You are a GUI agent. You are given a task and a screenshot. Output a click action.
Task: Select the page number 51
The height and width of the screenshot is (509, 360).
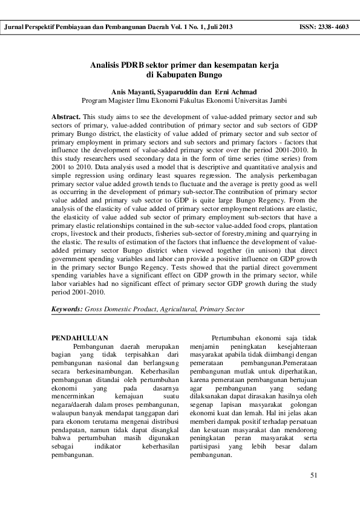tap(313, 475)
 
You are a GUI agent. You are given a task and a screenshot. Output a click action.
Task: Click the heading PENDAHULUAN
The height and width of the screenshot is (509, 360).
tap(80, 337)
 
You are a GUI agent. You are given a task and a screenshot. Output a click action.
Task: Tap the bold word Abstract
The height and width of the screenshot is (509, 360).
tap(66, 114)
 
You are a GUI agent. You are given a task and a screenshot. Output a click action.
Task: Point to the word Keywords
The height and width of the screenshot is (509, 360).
tap(67, 309)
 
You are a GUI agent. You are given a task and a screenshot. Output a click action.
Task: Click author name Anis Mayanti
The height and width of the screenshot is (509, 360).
tap(132, 91)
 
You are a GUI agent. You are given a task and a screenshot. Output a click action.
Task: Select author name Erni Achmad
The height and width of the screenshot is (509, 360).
tap(230, 91)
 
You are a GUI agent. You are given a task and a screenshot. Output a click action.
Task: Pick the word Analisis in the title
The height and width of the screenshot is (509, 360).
tap(105, 64)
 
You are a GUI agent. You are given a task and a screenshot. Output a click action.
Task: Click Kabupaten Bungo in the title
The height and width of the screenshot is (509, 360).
tap(180, 75)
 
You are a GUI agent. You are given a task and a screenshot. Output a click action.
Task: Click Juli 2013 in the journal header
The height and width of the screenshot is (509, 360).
tap(218, 27)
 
